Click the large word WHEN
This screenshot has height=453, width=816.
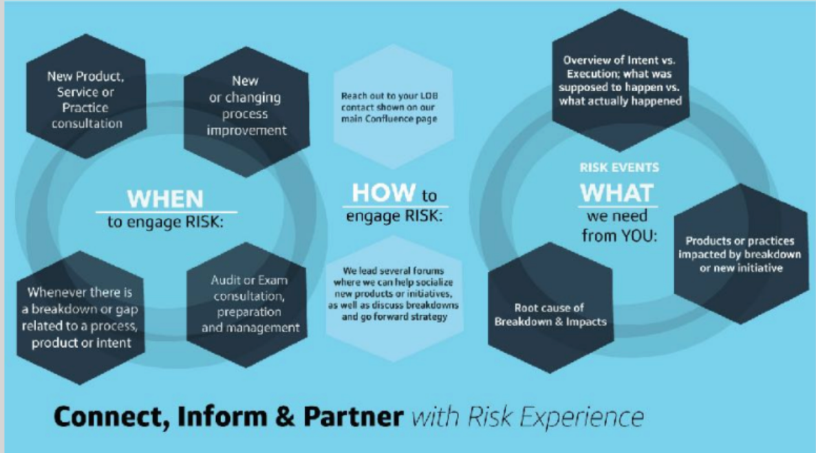[166, 198]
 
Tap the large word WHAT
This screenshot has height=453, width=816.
[616, 193]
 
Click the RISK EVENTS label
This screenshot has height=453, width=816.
[619, 168]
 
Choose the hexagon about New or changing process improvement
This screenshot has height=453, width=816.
[246, 107]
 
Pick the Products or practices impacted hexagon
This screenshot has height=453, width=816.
[740, 254]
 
